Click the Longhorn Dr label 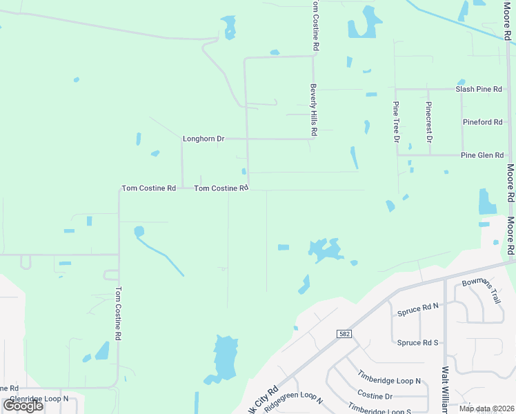204,139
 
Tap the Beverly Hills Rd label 313,109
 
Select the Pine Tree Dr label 397,121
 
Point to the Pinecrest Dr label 429,121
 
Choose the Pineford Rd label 482,122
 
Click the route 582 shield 344,334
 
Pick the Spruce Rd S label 418,343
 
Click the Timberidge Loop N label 389,380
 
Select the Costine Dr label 375,396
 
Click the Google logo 23,406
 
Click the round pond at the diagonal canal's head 139,230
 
